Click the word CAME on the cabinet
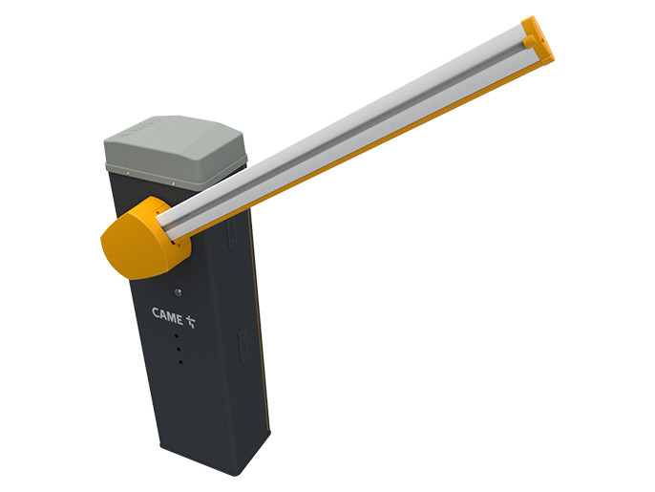click(167, 315)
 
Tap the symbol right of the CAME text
click(191, 321)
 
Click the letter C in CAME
click(156, 312)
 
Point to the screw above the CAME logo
click(179, 292)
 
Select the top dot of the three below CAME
click(177, 335)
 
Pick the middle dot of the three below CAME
click(179, 348)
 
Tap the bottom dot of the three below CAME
click(180, 361)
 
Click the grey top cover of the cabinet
click(175, 150)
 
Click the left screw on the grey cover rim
click(128, 173)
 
